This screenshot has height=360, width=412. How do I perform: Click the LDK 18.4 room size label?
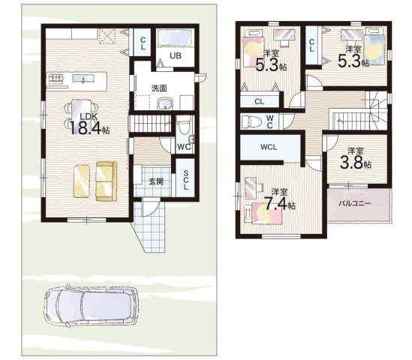point(89,124)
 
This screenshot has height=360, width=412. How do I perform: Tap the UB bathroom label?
point(176,55)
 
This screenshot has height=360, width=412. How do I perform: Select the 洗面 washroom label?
point(159,88)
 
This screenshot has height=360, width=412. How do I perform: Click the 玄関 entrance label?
point(156,181)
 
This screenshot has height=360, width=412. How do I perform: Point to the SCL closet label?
point(185,180)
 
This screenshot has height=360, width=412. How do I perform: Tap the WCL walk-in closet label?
point(269,147)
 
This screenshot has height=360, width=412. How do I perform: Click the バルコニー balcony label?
point(354,203)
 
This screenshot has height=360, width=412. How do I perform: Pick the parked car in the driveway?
point(91,306)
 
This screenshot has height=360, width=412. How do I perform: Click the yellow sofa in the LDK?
point(106,181)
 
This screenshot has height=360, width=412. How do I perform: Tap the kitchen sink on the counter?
point(83,79)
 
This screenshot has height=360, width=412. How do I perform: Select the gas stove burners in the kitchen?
point(56,78)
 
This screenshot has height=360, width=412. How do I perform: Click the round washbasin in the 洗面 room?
point(165,104)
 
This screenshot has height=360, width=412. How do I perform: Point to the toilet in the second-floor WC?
point(251,121)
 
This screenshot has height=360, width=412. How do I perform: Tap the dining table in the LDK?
point(81,115)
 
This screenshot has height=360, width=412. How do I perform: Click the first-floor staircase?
point(150,124)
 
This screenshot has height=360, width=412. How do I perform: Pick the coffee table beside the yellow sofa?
point(82,181)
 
